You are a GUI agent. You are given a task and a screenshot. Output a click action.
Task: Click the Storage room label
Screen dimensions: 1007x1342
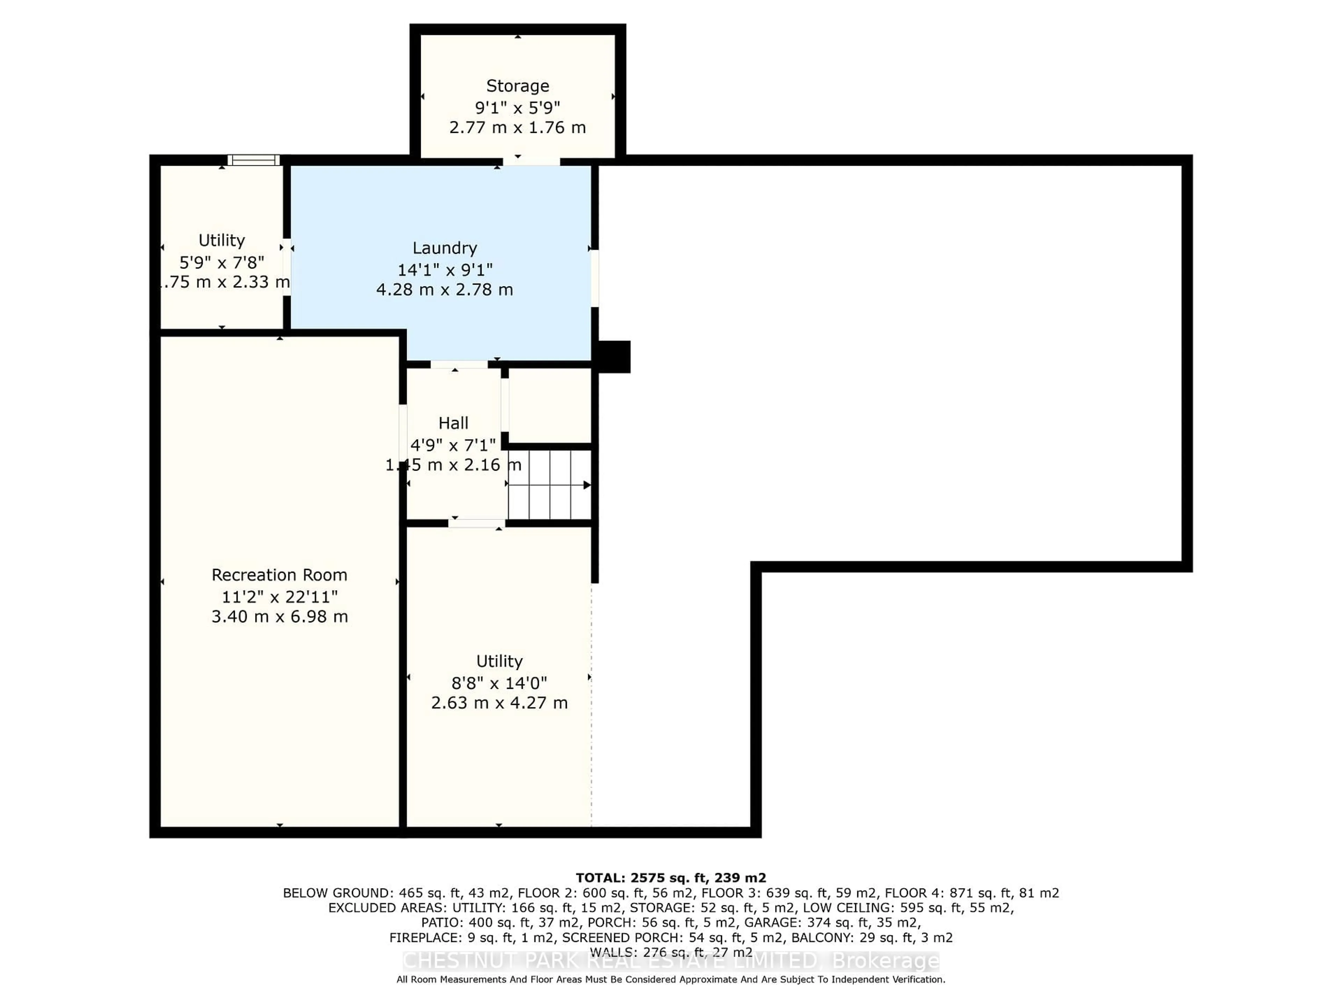tap(518, 86)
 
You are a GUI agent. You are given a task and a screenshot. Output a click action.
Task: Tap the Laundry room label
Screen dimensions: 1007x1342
tap(445, 248)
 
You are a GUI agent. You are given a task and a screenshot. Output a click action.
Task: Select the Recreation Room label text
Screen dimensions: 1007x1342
tap(279, 575)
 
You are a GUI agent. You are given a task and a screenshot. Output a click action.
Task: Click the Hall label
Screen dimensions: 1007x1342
tap(453, 423)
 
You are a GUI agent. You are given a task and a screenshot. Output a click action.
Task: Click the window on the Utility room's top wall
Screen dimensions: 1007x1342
tap(254, 160)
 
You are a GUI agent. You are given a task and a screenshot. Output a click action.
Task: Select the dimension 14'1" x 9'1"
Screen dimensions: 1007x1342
tap(445, 270)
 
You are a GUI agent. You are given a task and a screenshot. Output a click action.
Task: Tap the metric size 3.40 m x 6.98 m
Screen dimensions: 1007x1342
tap(279, 617)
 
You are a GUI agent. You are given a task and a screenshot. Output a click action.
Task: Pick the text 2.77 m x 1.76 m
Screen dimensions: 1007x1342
tap(518, 128)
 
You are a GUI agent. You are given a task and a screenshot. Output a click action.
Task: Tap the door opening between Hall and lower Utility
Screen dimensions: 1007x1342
tap(477, 523)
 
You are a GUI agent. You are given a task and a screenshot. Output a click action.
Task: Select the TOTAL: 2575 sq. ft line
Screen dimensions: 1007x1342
tap(670, 878)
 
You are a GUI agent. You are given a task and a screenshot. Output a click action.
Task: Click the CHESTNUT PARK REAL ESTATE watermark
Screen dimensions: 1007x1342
tap(670, 961)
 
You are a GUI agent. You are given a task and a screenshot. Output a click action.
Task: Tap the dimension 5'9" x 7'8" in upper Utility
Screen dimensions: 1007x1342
tap(222, 262)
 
